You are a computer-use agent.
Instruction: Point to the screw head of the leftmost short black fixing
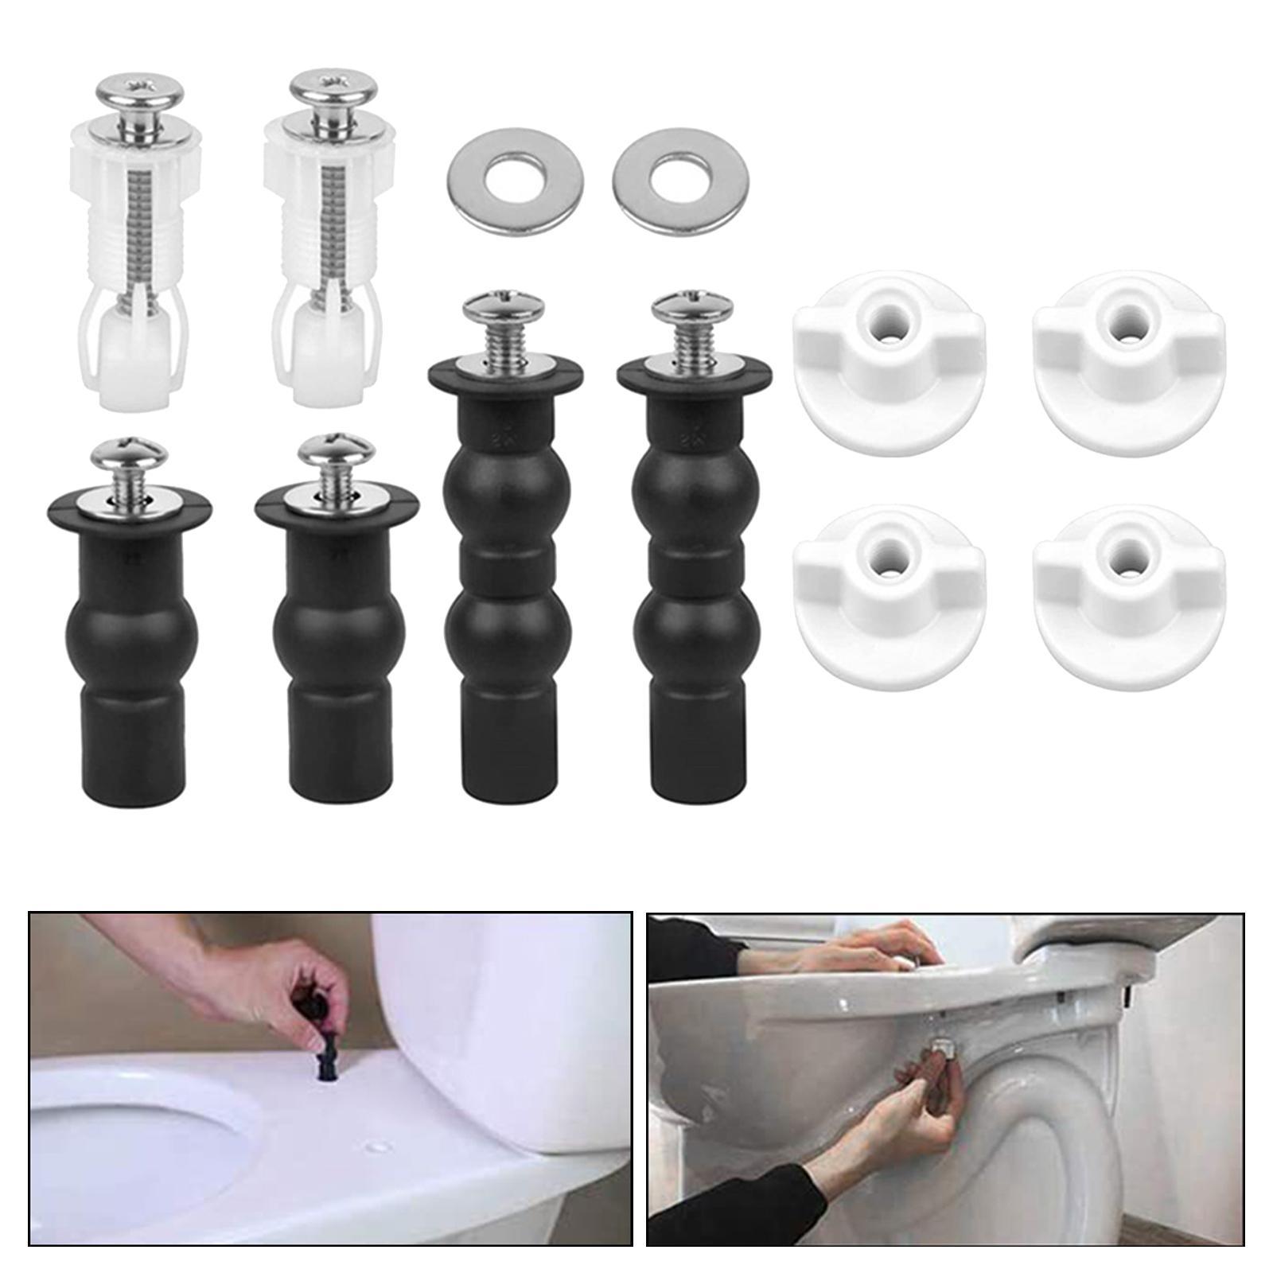point(130,454)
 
